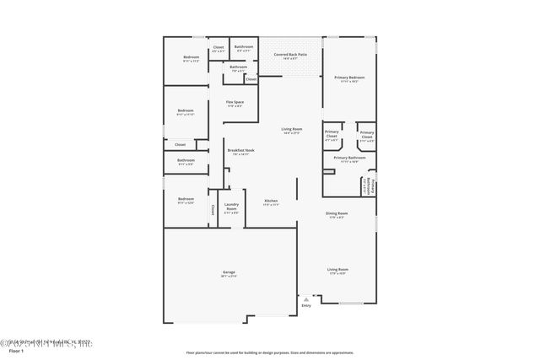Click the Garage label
(x=229, y=273)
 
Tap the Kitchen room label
(x=270, y=201)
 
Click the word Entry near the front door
(x=305, y=305)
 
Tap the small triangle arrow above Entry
(x=305, y=298)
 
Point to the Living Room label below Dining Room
(x=337, y=271)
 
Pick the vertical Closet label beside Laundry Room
(x=213, y=210)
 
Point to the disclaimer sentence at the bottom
(x=269, y=352)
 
